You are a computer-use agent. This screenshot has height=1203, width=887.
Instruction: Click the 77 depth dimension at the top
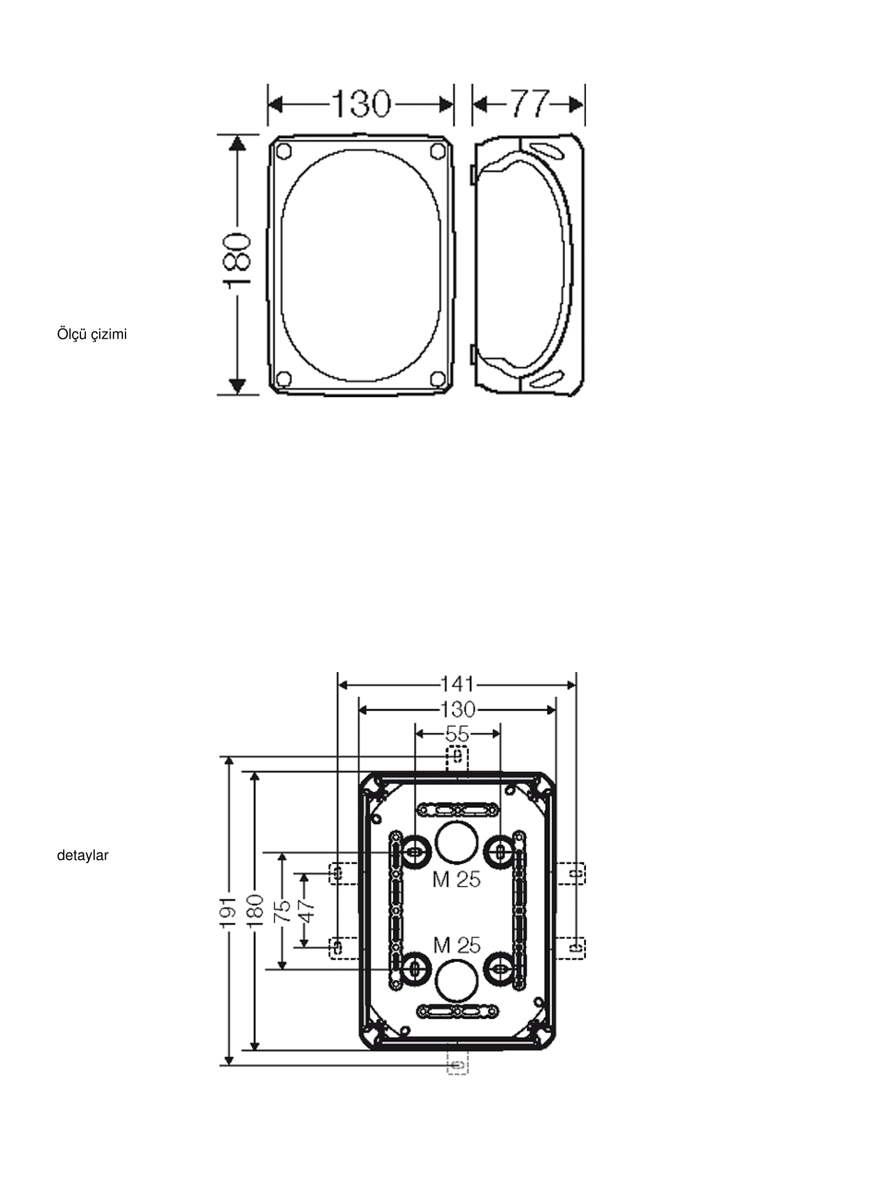click(x=530, y=104)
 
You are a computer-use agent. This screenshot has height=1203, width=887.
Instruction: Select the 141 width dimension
click(x=458, y=684)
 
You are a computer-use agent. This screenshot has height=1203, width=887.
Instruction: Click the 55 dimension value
click(x=457, y=734)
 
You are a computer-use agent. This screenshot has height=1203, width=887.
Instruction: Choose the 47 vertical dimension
click(x=305, y=912)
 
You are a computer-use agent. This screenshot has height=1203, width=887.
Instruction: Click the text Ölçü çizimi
click(x=92, y=334)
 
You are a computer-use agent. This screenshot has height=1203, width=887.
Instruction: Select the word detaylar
click(x=83, y=856)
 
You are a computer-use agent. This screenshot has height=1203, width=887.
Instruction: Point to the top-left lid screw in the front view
click(x=284, y=151)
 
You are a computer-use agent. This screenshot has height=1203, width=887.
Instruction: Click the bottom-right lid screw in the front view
click(x=437, y=378)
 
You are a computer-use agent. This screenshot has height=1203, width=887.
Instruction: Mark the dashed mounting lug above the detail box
click(x=458, y=760)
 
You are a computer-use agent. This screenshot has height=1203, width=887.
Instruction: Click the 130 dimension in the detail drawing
click(x=458, y=710)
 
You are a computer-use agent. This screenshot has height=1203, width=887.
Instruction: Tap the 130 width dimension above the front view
click(x=360, y=104)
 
